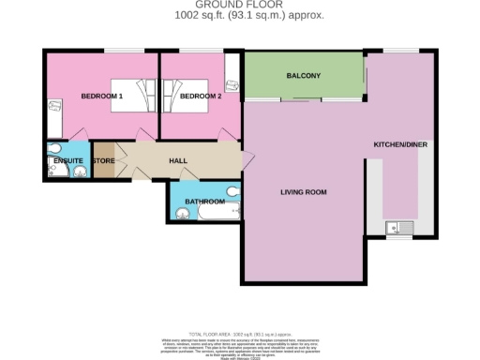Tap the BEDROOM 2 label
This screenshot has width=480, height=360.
click(200, 96)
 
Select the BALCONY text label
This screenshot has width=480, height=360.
click(303, 76)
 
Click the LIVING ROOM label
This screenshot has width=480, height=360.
click(303, 192)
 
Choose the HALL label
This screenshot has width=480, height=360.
click(177, 160)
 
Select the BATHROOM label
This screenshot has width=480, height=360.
click(204, 202)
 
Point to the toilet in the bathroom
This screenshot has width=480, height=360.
click(232, 190)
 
